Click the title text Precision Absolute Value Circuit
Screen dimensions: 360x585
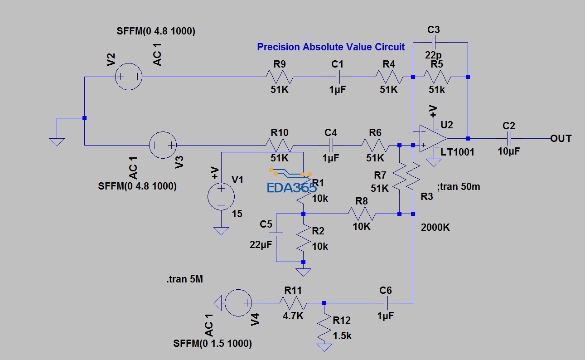(331, 47)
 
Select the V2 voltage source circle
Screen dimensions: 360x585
(129, 77)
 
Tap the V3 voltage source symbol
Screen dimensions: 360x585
(163, 145)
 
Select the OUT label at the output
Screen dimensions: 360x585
(561, 138)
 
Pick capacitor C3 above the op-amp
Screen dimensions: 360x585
(434, 43)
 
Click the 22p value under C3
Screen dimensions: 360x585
(434, 55)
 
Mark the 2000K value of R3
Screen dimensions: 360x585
(435, 227)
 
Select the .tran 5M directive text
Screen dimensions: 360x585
(184, 279)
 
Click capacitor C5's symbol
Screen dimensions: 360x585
(276, 234)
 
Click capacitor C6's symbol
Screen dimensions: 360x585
(386, 303)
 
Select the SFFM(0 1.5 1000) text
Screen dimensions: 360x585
(213, 343)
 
